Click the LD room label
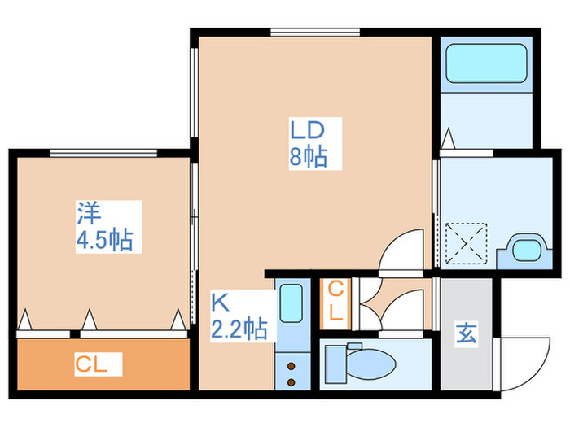[309, 130]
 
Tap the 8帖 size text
[309, 156]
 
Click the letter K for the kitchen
[220, 302]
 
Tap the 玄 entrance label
[466, 333]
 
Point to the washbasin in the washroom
[524, 248]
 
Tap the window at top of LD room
[314, 33]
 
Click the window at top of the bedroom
[103, 152]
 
